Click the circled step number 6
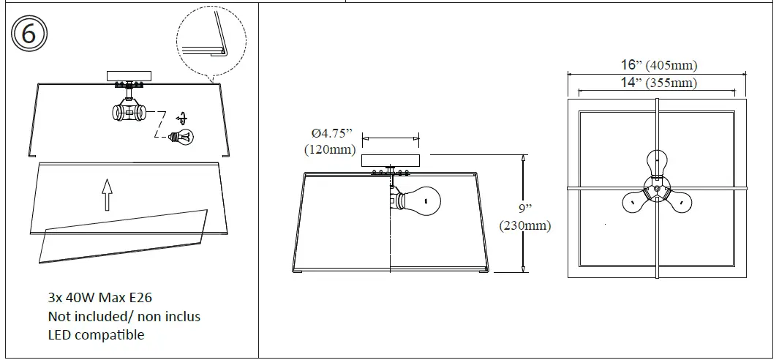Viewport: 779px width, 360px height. (x=29, y=34)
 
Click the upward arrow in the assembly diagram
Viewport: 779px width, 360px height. (x=108, y=194)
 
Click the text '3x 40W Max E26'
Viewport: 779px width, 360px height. (x=99, y=297)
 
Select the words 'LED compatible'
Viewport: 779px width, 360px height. (x=96, y=335)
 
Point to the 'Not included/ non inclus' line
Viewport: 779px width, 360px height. (x=124, y=316)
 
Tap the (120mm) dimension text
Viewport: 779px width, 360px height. (x=329, y=149)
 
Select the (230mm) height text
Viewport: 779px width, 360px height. (x=524, y=225)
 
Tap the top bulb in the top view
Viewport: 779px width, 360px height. (x=657, y=162)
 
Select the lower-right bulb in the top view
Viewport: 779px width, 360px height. (x=680, y=201)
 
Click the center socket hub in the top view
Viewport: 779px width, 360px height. (x=657, y=188)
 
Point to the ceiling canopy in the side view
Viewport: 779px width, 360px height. (x=391, y=160)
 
